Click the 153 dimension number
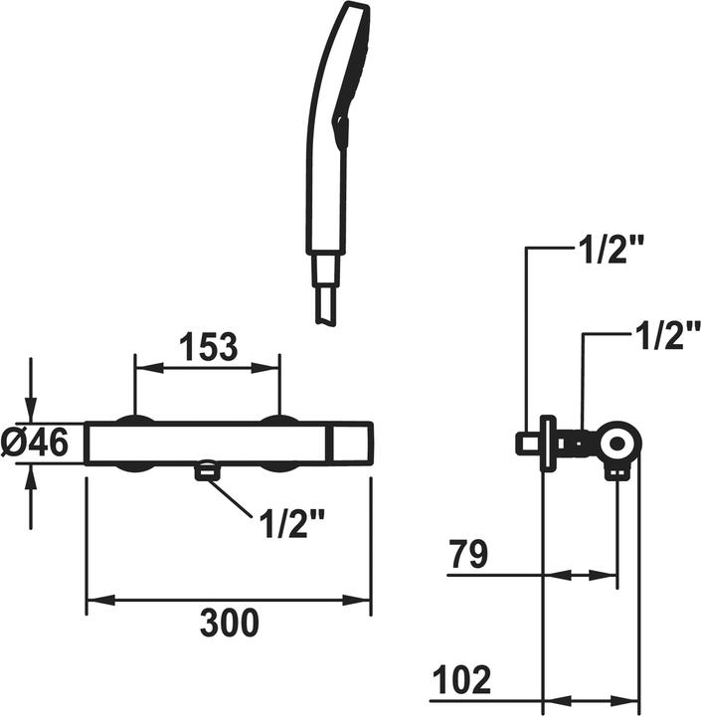click(x=209, y=346)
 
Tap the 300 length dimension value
click(x=230, y=623)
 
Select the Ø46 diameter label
click(x=35, y=443)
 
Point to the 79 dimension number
click(x=468, y=554)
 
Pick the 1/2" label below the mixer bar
click(x=291, y=524)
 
